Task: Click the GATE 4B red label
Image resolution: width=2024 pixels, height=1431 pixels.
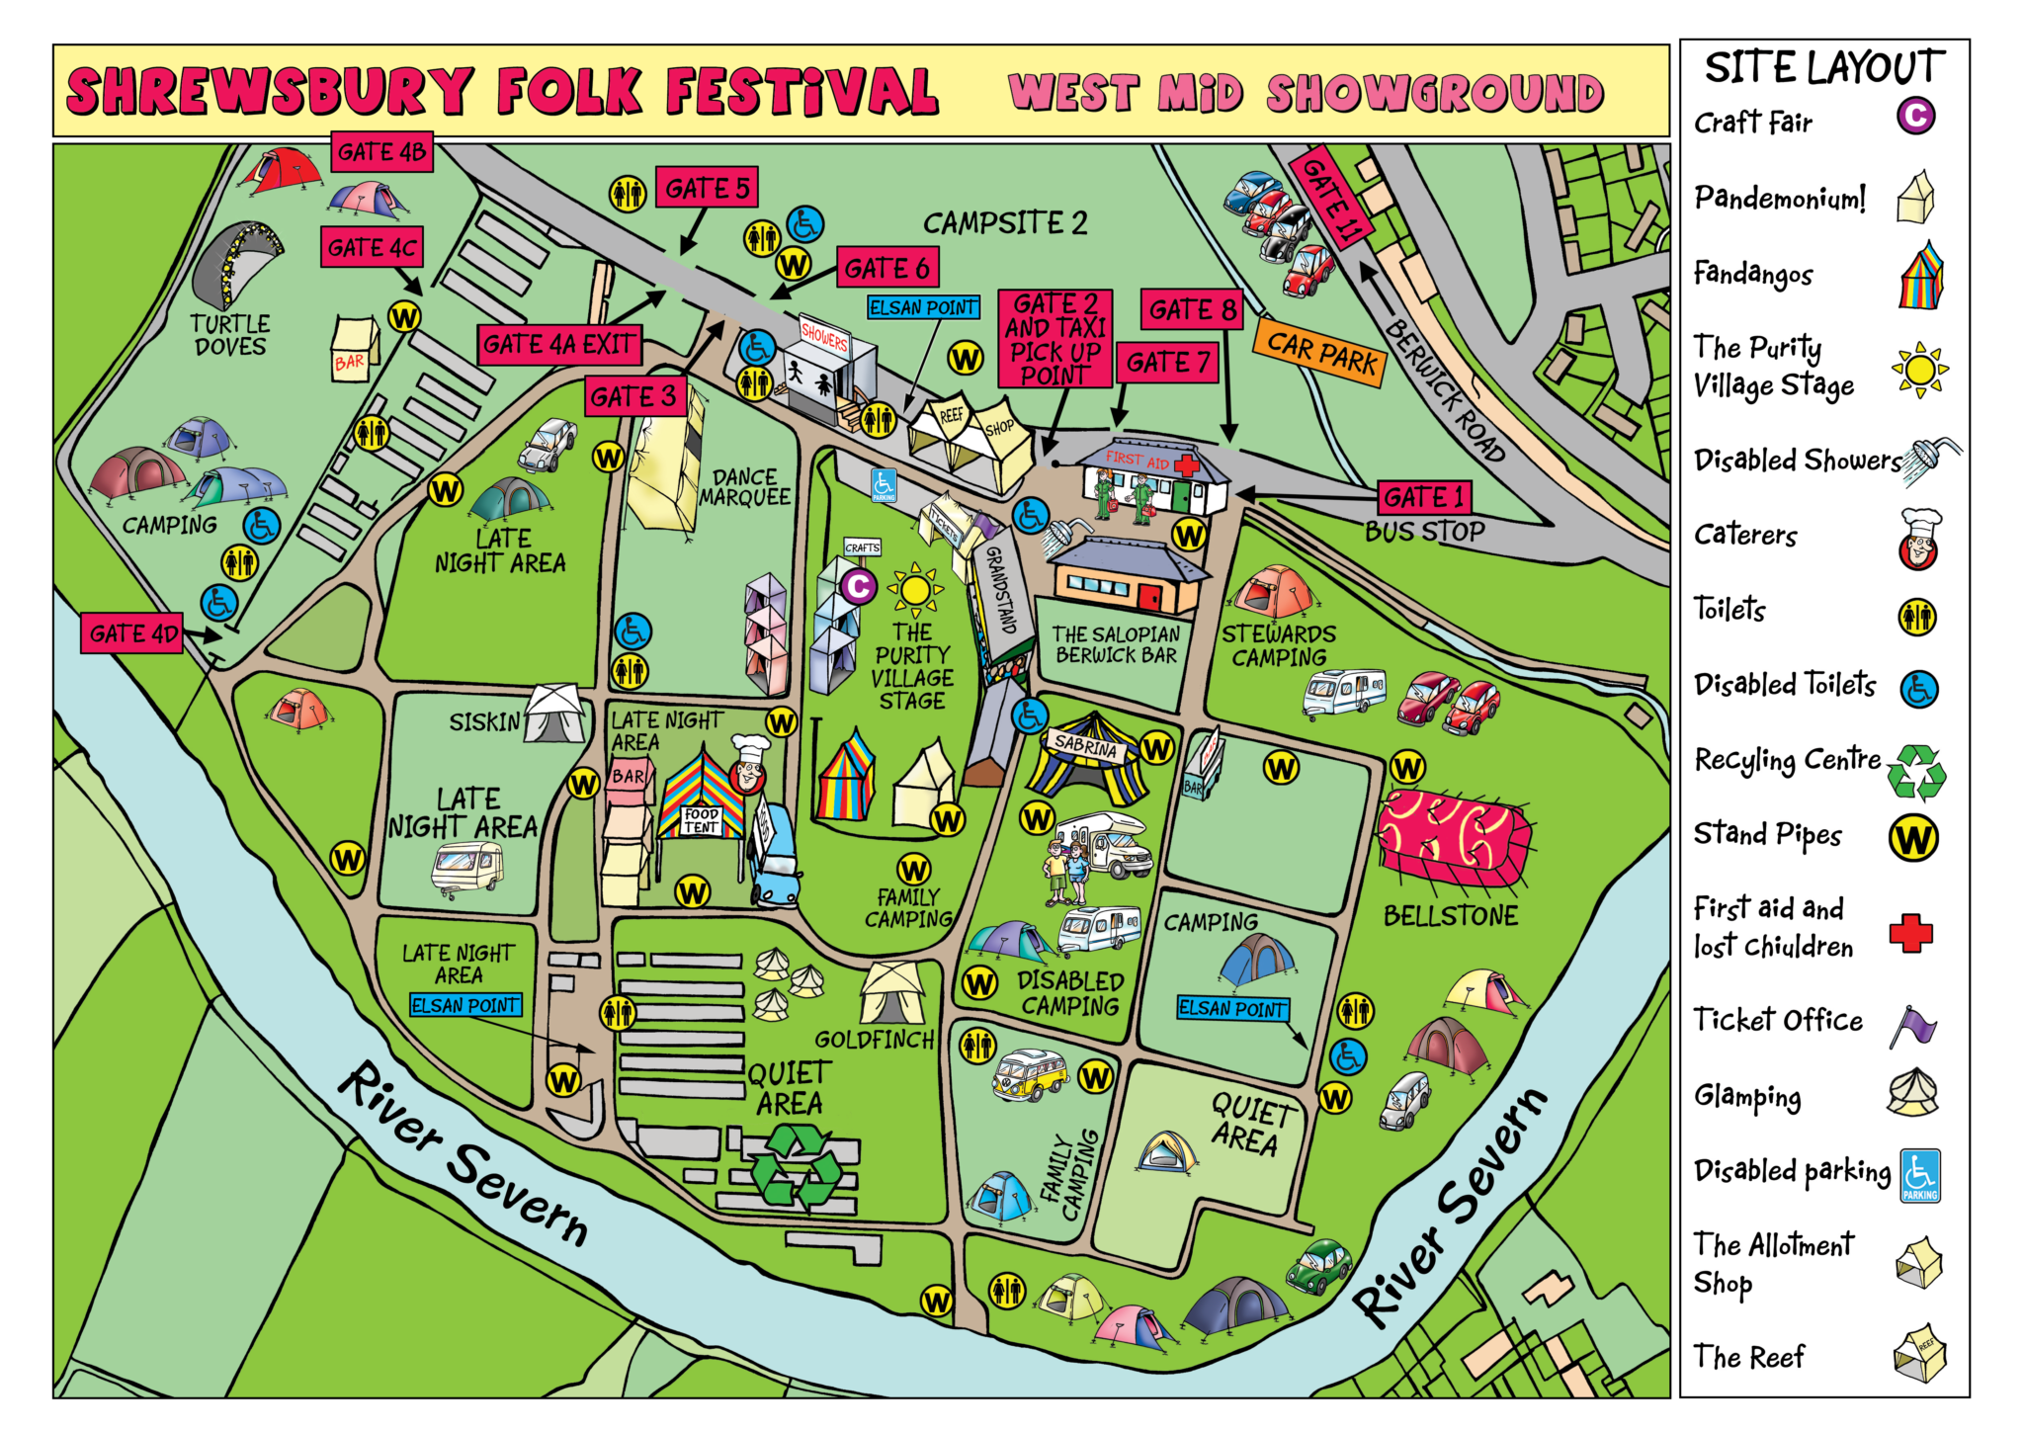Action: click(381, 151)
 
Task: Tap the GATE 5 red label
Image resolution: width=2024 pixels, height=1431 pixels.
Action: click(707, 188)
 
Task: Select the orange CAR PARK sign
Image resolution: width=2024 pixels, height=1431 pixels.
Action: click(1320, 352)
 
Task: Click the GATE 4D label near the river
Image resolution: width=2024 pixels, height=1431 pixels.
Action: click(132, 633)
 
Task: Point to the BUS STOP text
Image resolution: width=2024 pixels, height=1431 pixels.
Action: click(1424, 532)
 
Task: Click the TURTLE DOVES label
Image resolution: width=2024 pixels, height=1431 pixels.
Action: click(229, 335)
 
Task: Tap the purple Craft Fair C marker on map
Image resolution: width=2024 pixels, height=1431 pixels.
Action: click(858, 587)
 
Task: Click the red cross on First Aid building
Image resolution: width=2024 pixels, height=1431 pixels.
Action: click(1186, 464)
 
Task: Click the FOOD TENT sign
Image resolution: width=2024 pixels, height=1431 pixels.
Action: click(702, 820)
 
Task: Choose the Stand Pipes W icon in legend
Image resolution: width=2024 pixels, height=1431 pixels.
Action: click(1913, 838)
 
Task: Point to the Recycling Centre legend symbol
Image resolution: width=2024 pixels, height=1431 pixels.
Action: click(1917, 771)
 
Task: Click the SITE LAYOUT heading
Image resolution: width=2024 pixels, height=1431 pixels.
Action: click(1824, 67)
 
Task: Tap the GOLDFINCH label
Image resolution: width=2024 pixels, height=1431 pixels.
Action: click(874, 1040)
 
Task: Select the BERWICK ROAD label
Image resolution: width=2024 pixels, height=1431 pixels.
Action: click(1444, 391)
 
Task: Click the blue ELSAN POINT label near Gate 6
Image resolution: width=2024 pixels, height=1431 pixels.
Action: click(923, 307)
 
